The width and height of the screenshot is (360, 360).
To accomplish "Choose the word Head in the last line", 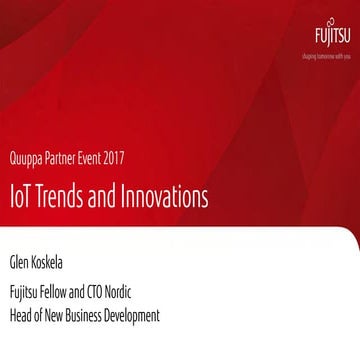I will tap(22, 317).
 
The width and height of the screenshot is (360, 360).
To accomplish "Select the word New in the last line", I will tap(66, 317).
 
